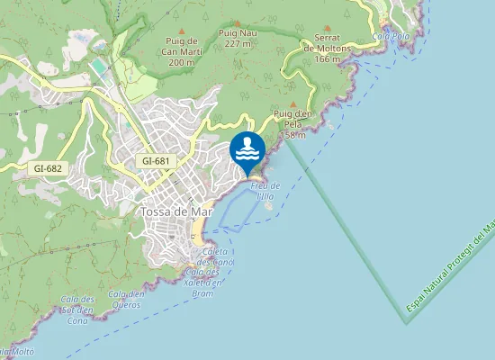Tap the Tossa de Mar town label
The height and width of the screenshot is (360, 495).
click(175, 211)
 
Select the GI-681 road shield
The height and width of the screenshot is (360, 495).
click(156, 161)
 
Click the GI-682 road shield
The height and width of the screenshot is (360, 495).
click(47, 168)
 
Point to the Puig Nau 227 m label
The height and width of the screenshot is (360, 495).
click(238, 38)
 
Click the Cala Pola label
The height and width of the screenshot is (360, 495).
click(391, 36)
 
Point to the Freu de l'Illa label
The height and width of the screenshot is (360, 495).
click(265, 190)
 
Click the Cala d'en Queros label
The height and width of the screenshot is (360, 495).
click(127, 299)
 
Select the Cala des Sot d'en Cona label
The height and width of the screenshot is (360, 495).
click(76, 310)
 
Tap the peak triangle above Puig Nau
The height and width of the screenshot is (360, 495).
click(237, 24)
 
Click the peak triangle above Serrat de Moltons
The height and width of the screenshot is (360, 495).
click(328, 29)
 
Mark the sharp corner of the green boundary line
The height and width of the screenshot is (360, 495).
click(406, 321)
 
